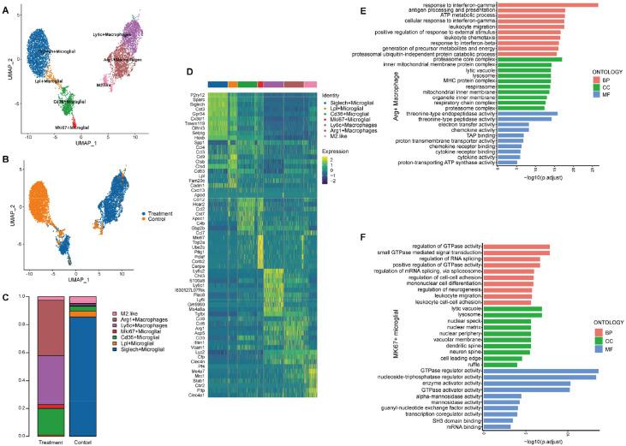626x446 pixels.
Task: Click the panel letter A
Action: (6, 8)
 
